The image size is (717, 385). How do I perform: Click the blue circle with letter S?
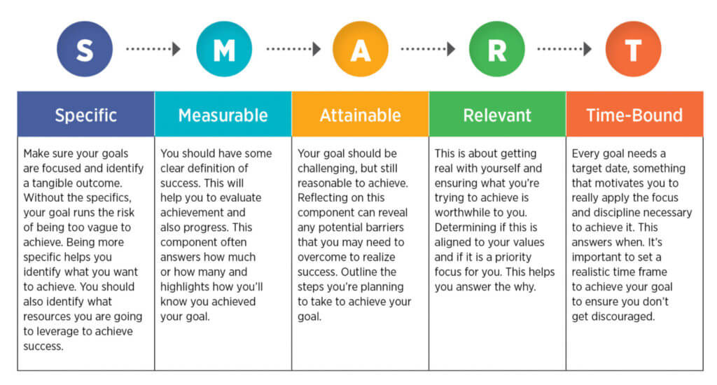[85, 49]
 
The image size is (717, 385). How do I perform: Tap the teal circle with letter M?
[224, 49]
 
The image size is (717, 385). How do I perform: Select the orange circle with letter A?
[361, 49]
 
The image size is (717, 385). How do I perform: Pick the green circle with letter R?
[497, 49]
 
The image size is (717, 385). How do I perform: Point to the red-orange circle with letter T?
[633, 49]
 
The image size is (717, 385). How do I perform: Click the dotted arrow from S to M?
[153, 49]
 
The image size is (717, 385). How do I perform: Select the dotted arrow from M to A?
[293, 49]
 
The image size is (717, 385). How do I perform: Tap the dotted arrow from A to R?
[428, 49]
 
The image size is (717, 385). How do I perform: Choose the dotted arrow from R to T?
[564, 49]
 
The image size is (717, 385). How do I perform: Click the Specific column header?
[86, 114]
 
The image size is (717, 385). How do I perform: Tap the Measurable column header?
[223, 114]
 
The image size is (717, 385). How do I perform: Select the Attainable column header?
[361, 114]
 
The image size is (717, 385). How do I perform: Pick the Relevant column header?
[498, 114]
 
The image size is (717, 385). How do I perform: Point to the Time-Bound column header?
[634, 114]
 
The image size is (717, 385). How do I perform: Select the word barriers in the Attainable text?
[384, 227]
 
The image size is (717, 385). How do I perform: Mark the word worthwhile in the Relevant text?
[459, 213]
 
